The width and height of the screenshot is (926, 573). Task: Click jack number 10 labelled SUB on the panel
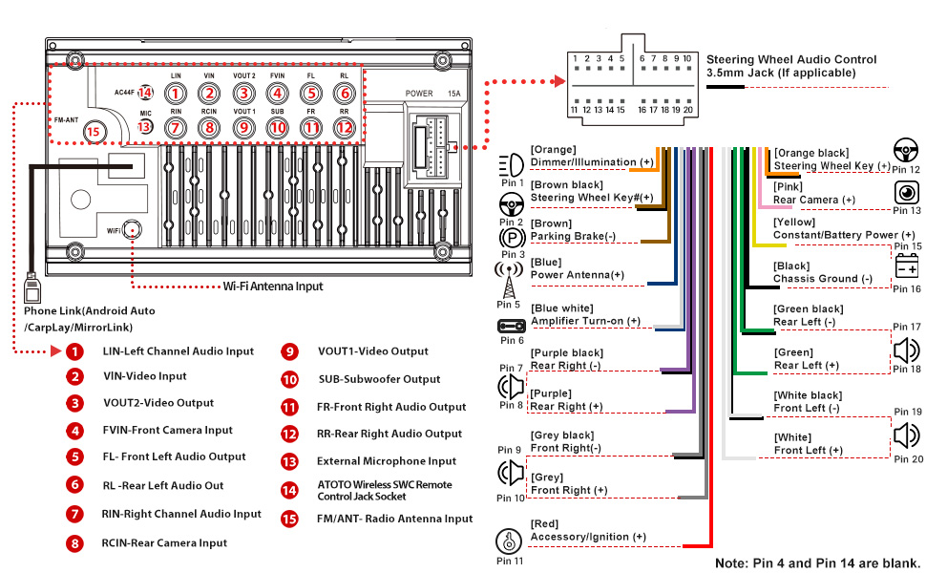[277, 126]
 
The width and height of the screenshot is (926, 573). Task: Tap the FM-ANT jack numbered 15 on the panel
[93, 134]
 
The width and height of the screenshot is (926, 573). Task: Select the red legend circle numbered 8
[74, 543]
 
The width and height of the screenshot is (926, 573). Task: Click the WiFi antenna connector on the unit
[134, 229]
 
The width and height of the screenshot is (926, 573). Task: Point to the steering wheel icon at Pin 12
[906, 151]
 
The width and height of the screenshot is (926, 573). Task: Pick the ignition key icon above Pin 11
[511, 541]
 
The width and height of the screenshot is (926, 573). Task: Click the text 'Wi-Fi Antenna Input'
[273, 286]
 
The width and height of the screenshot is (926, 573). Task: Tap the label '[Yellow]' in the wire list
[794, 223]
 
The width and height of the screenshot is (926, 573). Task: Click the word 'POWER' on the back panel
[419, 94]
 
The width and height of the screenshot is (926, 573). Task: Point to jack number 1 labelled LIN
[176, 94]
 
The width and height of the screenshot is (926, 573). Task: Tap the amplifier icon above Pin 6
[512, 327]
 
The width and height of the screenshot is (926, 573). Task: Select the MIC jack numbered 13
[145, 125]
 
